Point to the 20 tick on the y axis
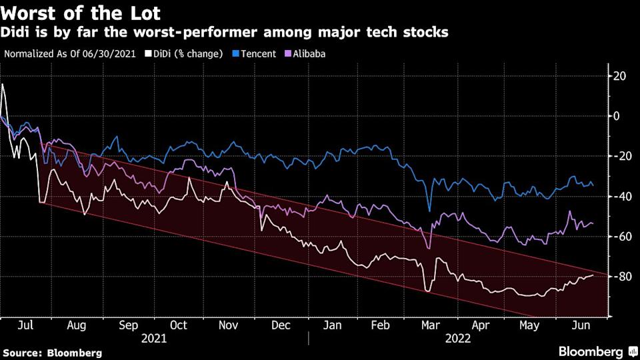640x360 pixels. [621, 76]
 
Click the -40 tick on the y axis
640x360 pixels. [621, 196]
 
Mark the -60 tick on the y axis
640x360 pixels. [621, 236]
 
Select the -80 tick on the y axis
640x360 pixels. [621, 276]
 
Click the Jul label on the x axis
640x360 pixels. [25, 325]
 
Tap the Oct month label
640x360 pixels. [178, 325]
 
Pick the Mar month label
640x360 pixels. [431, 325]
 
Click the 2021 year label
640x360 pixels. [154, 338]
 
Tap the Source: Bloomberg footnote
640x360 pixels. [53, 352]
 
